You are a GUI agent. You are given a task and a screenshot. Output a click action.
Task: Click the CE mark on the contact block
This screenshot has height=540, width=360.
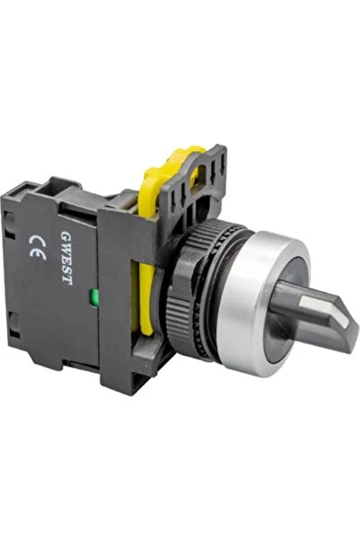pos(38,248)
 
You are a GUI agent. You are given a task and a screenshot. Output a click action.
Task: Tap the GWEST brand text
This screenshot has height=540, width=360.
pos(66,258)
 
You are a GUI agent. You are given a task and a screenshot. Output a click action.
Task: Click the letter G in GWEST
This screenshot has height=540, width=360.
pos(66,235)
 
